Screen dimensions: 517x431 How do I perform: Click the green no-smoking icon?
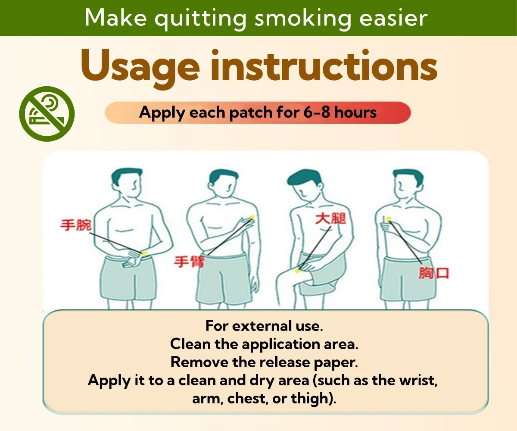(47, 114)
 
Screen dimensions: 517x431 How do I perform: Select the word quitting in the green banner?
(201, 19)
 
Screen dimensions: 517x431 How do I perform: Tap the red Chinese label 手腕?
(76, 225)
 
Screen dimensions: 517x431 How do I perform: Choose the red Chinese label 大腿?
(331, 219)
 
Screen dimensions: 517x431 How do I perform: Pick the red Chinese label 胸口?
(434, 273)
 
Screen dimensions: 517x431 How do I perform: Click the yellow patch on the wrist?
(144, 253)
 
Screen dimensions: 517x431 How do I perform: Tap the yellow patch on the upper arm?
(252, 218)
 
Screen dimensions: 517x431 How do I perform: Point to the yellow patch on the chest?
(389, 219)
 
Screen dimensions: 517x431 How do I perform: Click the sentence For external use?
(264, 325)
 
